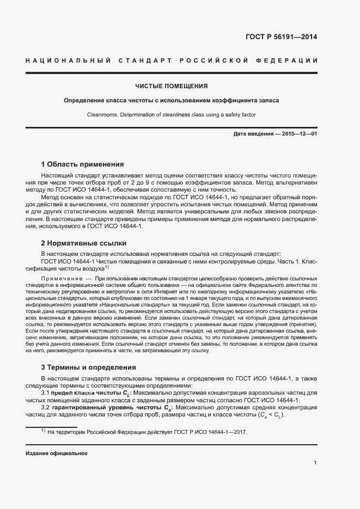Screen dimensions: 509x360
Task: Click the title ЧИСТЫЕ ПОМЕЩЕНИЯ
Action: (172, 86)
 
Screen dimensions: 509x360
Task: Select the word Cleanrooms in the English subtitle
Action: (102, 115)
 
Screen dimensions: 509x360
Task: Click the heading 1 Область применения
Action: (83, 164)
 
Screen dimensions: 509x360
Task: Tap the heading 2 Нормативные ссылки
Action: (83, 243)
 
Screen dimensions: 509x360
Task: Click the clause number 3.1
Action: (46, 393)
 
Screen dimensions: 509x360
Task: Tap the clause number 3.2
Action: (46, 408)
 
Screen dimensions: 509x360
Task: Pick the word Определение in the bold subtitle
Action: (83, 101)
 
